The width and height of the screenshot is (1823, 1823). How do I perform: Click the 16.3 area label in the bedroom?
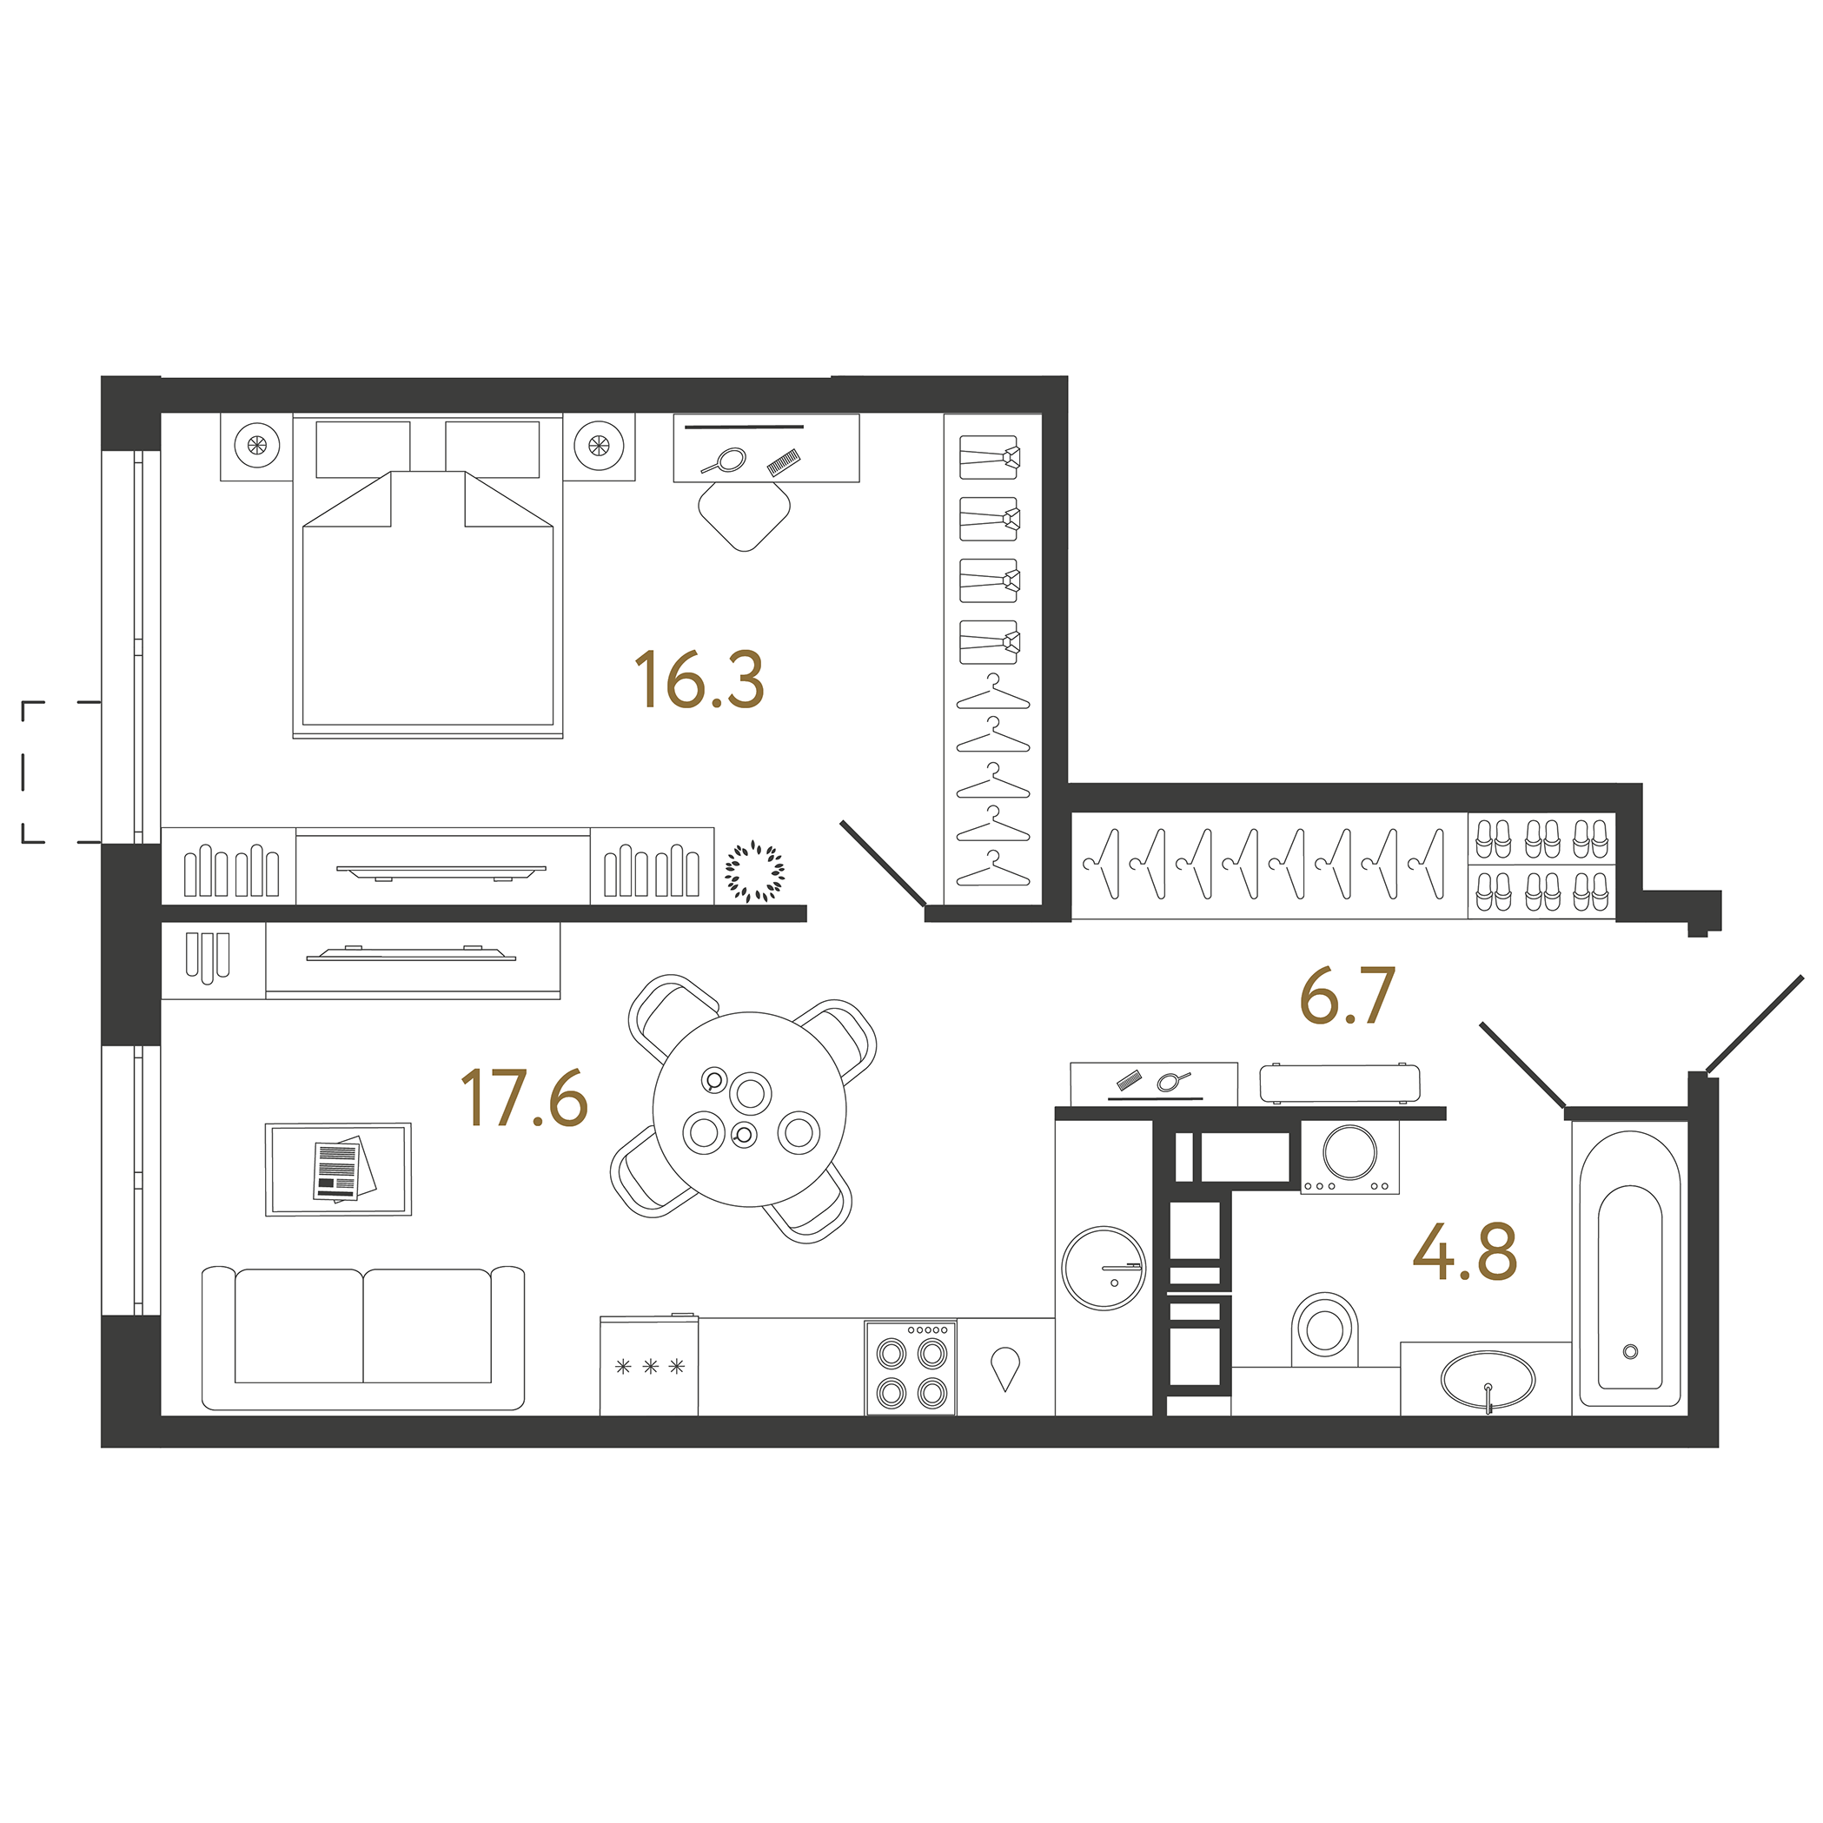(x=699, y=679)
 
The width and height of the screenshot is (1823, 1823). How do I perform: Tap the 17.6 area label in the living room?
(x=525, y=1097)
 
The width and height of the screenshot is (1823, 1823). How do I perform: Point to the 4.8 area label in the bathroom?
(x=1464, y=1251)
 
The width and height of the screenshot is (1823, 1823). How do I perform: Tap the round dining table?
(x=749, y=1109)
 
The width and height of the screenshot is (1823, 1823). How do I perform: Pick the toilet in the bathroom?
(x=1325, y=1329)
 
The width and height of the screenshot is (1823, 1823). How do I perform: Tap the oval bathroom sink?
(x=1487, y=1381)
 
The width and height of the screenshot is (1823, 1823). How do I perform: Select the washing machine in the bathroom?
(x=1349, y=1157)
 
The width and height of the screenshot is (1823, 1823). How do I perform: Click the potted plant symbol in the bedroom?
(x=754, y=870)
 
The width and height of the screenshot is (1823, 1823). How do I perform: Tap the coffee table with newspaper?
(x=338, y=1169)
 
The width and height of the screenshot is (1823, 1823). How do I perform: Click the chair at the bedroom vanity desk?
(x=744, y=515)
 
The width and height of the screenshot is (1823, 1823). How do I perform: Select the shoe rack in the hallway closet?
(x=1541, y=865)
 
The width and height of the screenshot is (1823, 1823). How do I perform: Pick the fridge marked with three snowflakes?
(x=649, y=1364)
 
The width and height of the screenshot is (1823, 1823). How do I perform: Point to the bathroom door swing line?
(x=1521, y=1064)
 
